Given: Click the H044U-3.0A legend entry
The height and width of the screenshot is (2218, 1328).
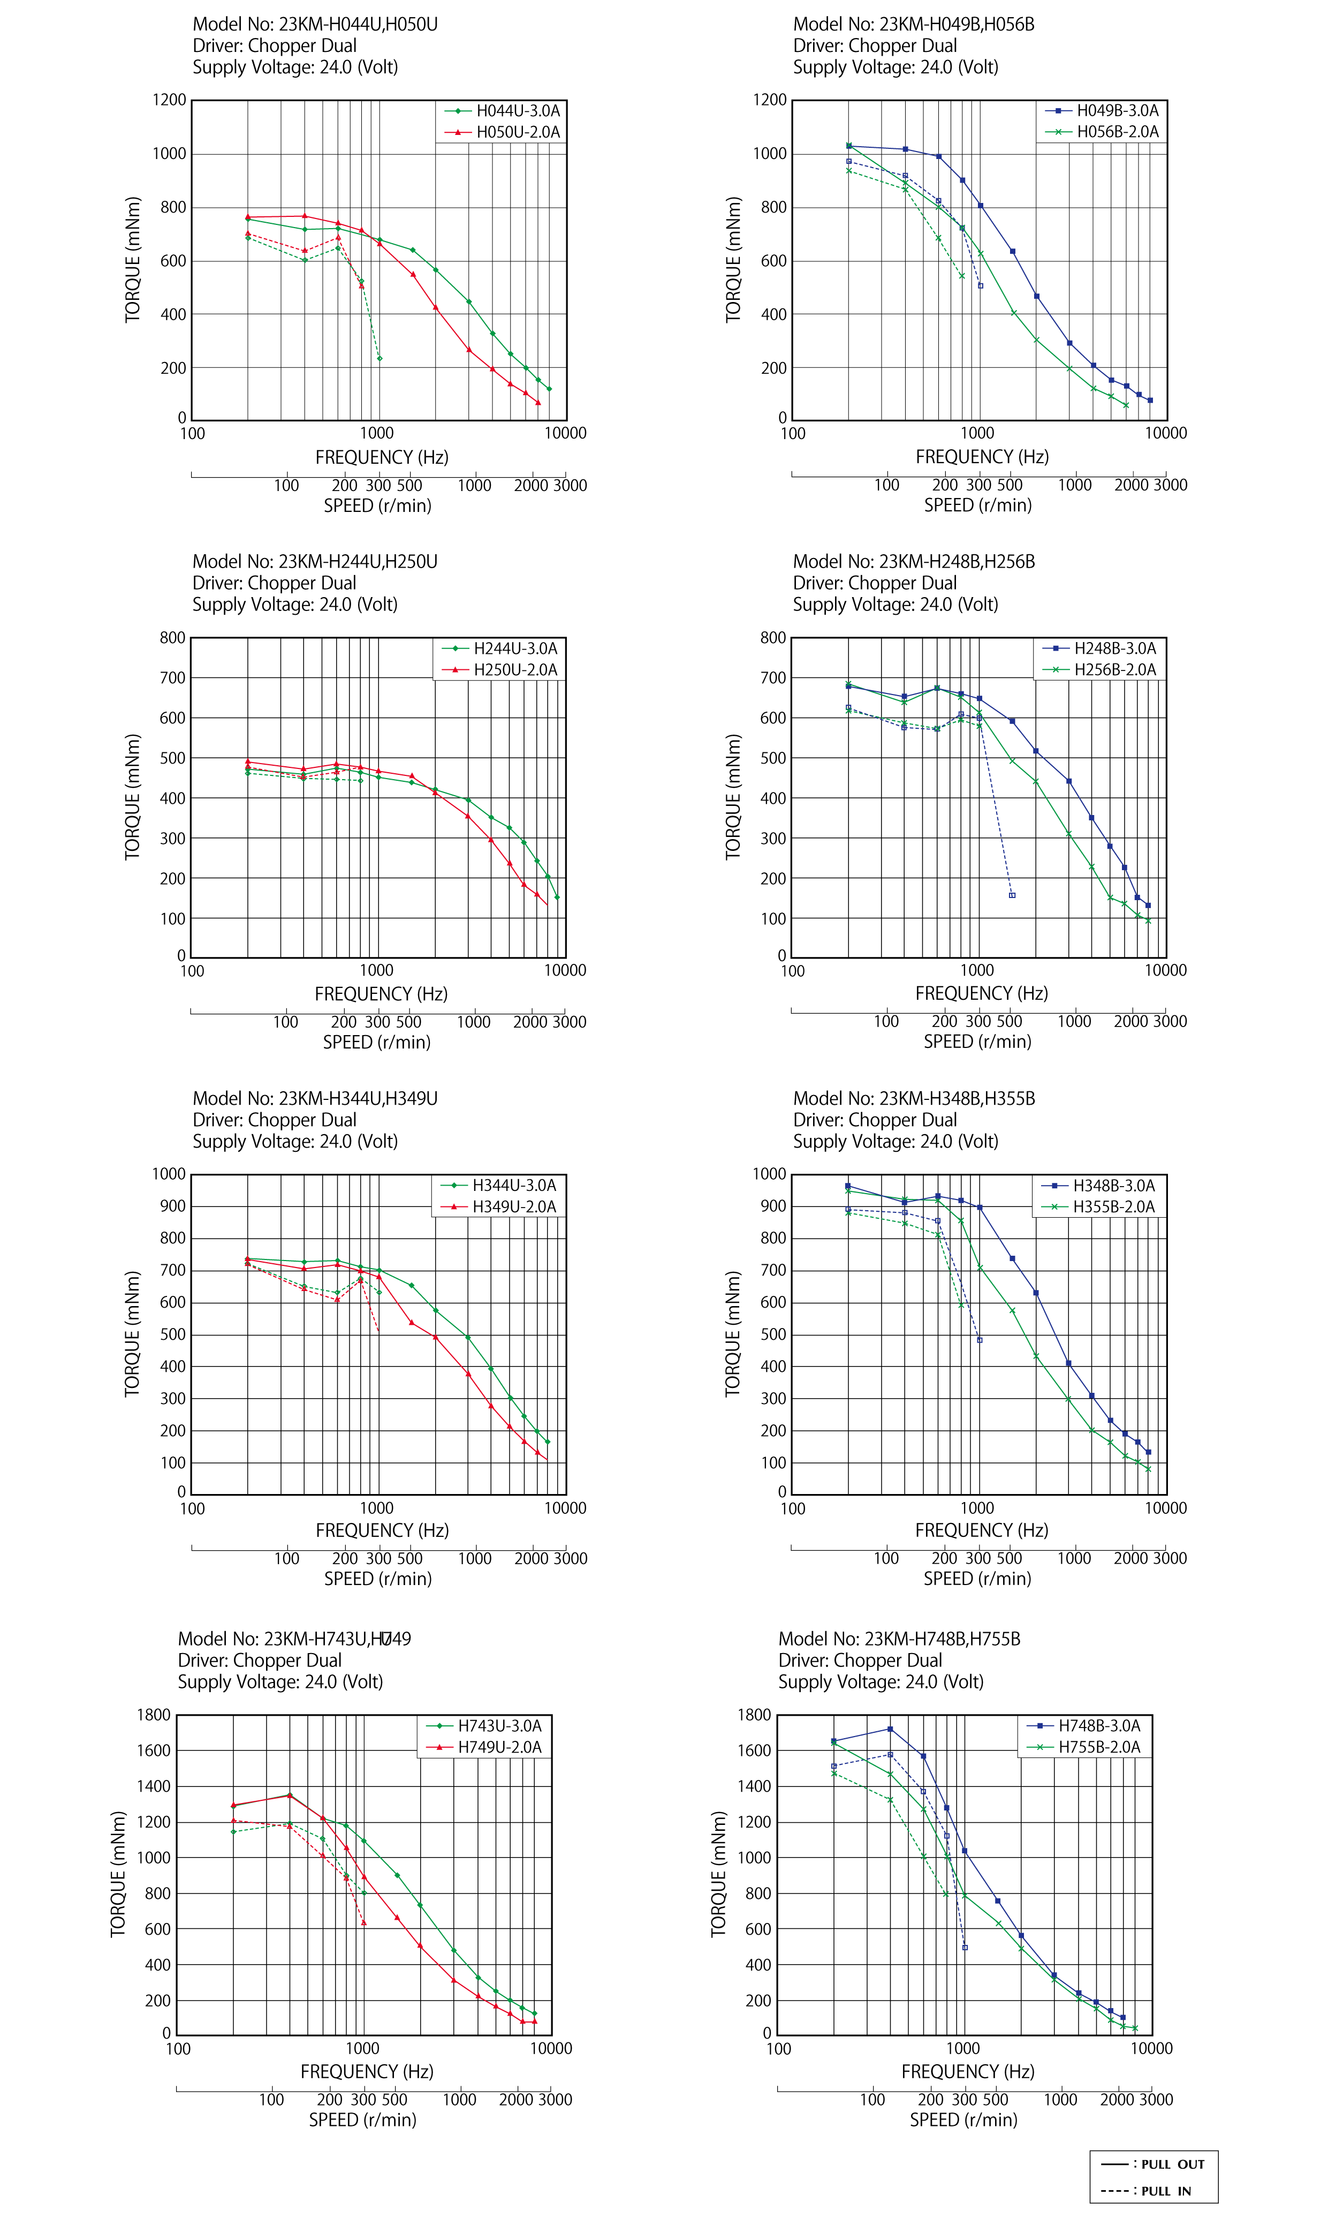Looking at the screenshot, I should click(x=517, y=111).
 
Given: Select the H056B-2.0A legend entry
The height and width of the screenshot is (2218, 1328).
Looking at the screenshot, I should click(x=1117, y=132).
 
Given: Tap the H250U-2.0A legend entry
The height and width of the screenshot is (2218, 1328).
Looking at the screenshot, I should click(x=514, y=669).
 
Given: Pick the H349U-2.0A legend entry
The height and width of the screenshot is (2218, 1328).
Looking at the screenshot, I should click(x=514, y=1206).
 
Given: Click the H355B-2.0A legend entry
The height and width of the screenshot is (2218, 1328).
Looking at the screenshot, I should click(x=1113, y=1206).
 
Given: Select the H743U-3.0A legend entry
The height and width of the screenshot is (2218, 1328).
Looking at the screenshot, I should click(x=499, y=1726).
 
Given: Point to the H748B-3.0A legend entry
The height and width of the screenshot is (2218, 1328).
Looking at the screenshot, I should click(x=1099, y=1726).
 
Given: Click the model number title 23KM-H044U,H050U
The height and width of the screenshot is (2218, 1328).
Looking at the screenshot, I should click(x=315, y=24).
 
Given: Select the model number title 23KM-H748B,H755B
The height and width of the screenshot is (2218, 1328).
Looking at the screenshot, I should click(x=899, y=1639).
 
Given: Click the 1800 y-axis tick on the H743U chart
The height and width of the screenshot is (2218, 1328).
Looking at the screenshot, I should click(x=153, y=1715).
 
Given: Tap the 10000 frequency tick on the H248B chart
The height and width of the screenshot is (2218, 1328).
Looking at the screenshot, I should click(x=1166, y=970).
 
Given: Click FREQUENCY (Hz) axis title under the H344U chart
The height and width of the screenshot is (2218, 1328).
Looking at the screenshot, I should click(x=382, y=1530).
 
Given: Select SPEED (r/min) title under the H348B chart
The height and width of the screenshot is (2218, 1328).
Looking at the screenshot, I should click(x=977, y=1579).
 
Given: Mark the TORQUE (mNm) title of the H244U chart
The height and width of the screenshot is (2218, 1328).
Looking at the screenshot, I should click(x=132, y=797).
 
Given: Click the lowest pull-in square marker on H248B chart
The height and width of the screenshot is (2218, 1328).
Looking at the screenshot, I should click(x=1012, y=895).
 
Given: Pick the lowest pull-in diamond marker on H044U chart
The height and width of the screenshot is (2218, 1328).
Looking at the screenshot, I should click(x=380, y=359).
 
